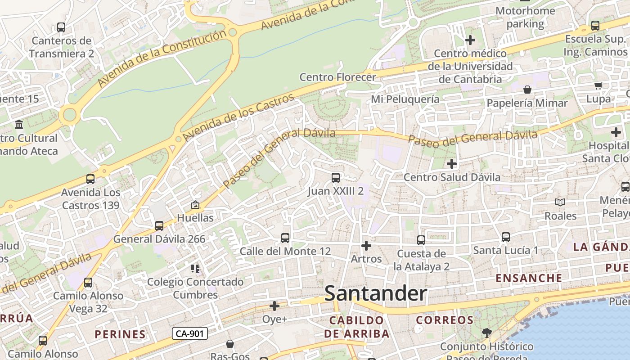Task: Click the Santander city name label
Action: coord(375,294)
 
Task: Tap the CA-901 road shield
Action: coord(189,333)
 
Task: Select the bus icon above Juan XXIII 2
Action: coord(336,178)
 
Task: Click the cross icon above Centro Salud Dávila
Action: coord(452,164)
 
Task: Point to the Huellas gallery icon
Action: coord(195,205)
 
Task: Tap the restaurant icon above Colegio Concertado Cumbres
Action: coord(195,269)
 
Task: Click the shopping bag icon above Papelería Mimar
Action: coord(527,90)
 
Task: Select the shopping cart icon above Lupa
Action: coord(598,86)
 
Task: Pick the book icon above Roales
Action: coord(560,202)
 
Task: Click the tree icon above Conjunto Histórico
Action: coord(486,333)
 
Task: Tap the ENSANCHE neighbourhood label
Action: coord(529,278)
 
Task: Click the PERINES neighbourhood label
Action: coord(120,334)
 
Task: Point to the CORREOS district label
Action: coord(445,320)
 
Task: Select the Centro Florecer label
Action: coord(337,77)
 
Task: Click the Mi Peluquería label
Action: coord(405,99)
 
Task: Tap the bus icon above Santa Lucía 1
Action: coord(506,237)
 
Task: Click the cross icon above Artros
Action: coord(366,246)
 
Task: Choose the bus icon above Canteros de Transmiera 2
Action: coord(61,27)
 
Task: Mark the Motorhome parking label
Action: coord(525,17)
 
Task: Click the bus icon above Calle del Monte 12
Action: coord(285,238)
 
